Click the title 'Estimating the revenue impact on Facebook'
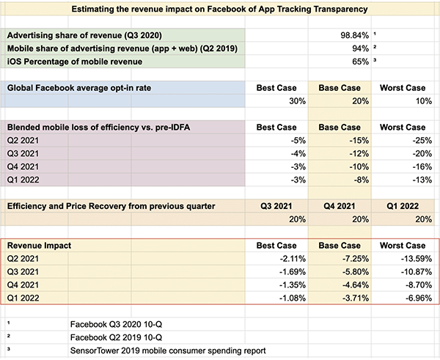221,10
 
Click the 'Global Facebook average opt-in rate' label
78,88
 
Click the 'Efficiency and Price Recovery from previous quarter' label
111,206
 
